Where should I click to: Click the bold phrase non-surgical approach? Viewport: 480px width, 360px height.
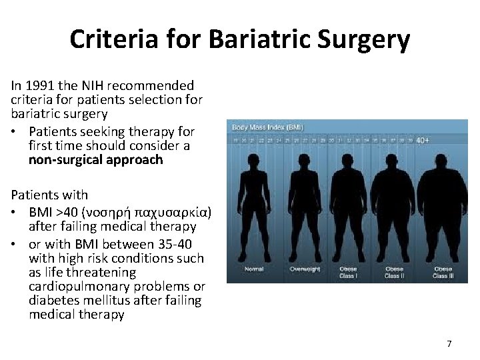[x=95, y=160]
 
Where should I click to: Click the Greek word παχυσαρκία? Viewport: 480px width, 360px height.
[x=175, y=213]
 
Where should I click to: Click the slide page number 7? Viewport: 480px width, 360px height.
[x=449, y=343]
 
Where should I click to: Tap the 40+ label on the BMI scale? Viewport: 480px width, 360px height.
[x=423, y=141]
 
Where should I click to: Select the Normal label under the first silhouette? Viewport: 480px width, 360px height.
[x=254, y=270]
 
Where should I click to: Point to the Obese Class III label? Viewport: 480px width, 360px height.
[x=442, y=273]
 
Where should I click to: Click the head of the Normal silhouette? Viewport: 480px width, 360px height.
[x=254, y=161]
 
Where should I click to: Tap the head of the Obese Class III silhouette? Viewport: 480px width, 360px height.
[x=442, y=162]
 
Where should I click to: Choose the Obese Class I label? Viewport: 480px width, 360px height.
[x=347, y=273]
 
